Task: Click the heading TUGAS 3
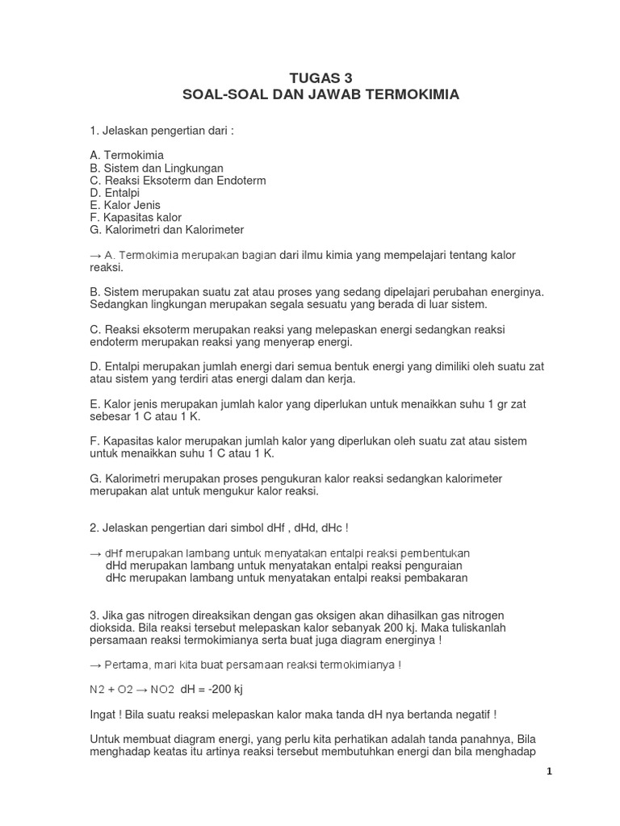(x=321, y=77)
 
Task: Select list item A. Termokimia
(x=127, y=155)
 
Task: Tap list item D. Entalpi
(x=115, y=193)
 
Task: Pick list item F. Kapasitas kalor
(x=136, y=218)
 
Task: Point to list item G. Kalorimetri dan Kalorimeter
(x=167, y=230)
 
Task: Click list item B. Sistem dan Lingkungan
(x=157, y=168)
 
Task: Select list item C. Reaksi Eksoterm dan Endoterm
(x=178, y=180)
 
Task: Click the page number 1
(x=548, y=771)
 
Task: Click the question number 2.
(x=94, y=528)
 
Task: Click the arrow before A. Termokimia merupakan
(x=95, y=256)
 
